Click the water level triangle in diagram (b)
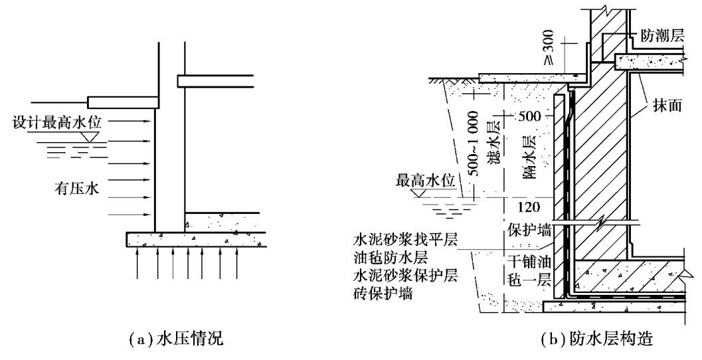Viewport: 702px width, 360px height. coord(420,193)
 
